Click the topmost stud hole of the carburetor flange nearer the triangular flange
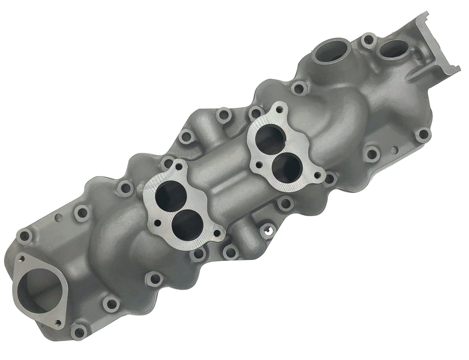[x=179, y=167]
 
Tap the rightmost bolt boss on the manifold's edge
[x=423, y=135]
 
